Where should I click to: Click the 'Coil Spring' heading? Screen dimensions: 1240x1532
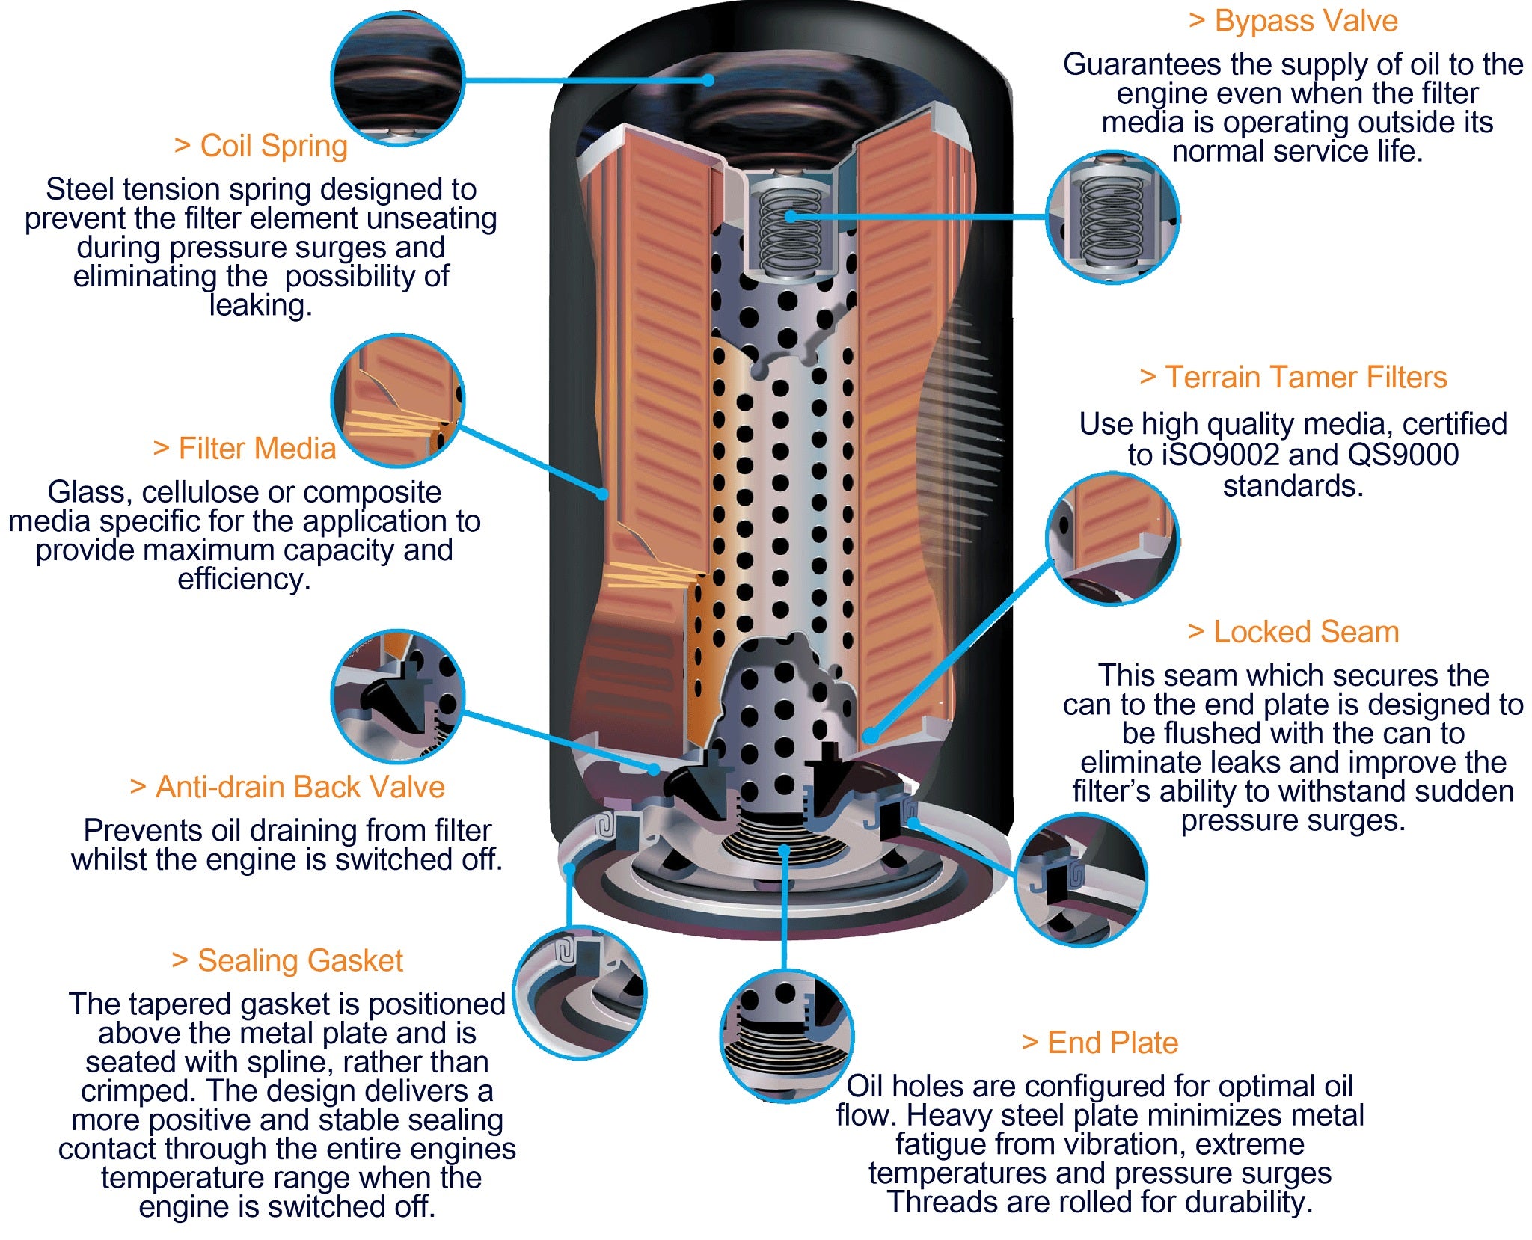pos(262,147)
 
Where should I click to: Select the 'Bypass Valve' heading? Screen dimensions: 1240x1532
pos(1293,21)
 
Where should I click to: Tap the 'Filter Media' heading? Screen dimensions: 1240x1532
pos(245,449)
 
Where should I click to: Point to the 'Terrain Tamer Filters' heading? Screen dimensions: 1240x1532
pos(1293,378)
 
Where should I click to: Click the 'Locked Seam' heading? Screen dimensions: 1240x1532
pos(1293,633)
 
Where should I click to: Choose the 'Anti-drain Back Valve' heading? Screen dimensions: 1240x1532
pos(288,788)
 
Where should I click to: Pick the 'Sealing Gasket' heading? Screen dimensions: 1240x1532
pos(288,961)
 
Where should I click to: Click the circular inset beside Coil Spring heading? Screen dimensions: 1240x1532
pos(398,79)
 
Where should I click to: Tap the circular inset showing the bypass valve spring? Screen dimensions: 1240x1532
pos(1112,218)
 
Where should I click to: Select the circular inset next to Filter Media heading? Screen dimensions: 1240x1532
pos(398,401)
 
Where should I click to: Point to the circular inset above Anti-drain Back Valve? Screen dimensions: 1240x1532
pos(398,696)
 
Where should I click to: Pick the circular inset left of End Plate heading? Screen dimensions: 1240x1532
pos(786,1037)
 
